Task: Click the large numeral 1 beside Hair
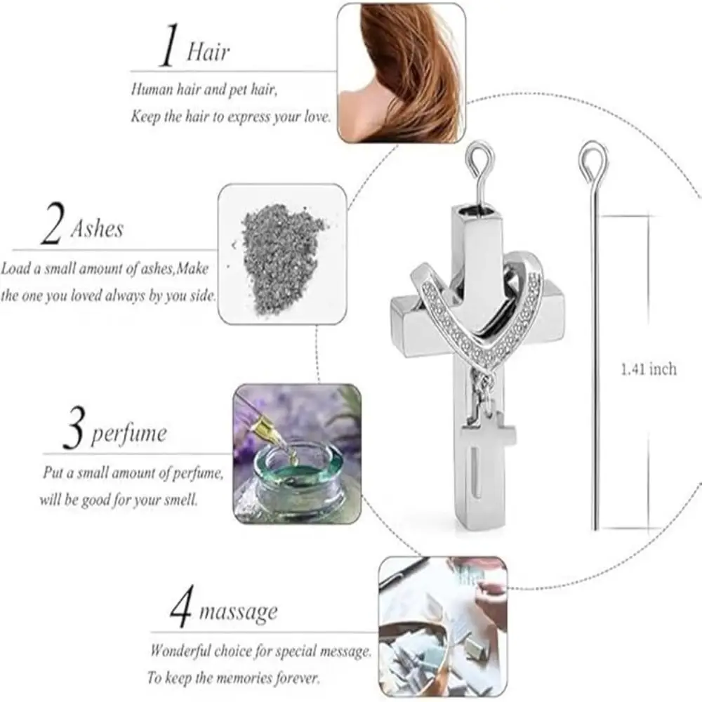click(166, 47)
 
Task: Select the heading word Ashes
click(97, 229)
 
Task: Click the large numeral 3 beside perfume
click(74, 432)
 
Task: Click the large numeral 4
click(182, 608)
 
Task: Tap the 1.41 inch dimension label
click(649, 369)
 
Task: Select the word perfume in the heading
click(129, 433)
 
